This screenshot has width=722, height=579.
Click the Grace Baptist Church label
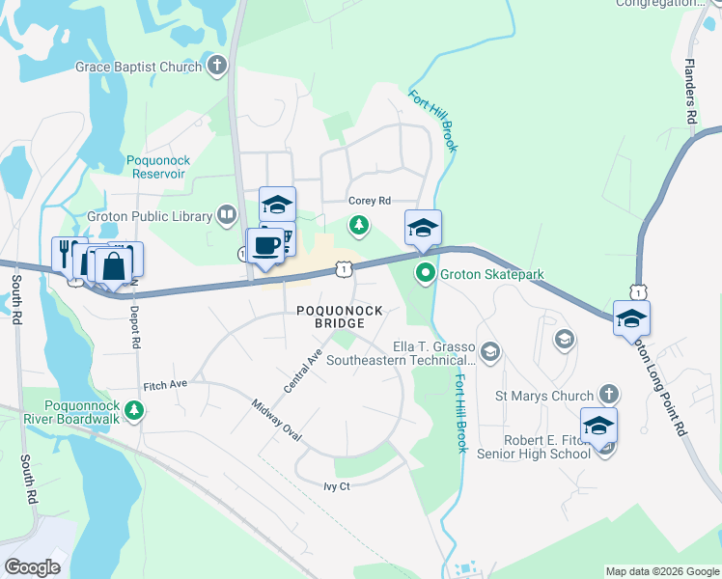[x=139, y=67]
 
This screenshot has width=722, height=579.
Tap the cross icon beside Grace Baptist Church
[x=218, y=67]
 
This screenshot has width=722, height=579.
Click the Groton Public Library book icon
[x=227, y=214]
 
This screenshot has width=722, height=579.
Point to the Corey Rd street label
[x=370, y=201]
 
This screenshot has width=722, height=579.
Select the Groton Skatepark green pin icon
[x=425, y=275]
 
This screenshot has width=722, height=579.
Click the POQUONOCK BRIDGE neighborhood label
[x=340, y=317]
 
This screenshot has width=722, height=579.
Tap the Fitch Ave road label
[x=165, y=385]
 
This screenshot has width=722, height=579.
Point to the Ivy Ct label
[x=337, y=486]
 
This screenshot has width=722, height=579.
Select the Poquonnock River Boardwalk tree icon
[x=136, y=412]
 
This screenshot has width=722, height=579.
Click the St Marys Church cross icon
[x=608, y=394]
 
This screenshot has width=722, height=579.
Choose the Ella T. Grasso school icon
[x=490, y=351]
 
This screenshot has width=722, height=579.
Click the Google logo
[x=32, y=566]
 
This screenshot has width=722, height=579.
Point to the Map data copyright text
[x=662, y=571]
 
